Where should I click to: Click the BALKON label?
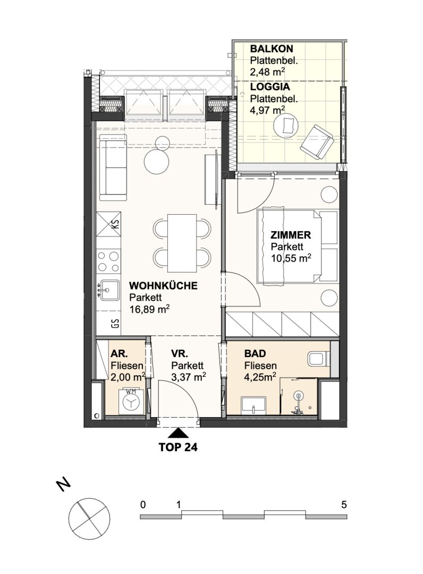(272, 49)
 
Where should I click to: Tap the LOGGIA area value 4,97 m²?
(267, 109)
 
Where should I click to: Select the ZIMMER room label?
(291, 235)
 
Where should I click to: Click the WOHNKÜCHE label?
(163, 285)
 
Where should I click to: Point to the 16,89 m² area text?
(149, 310)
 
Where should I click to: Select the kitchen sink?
(109, 290)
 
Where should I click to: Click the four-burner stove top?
(109, 261)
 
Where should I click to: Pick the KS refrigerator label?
(116, 224)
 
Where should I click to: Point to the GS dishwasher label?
(116, 324)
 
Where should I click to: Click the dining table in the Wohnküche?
(182, 243)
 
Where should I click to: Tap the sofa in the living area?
(113, 167)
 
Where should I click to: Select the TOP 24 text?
(178, 447)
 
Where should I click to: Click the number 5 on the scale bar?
(344, 505)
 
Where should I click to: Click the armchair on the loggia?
(317, 142)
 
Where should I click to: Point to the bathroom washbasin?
(253, 405)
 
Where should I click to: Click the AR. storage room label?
(120, 354)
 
